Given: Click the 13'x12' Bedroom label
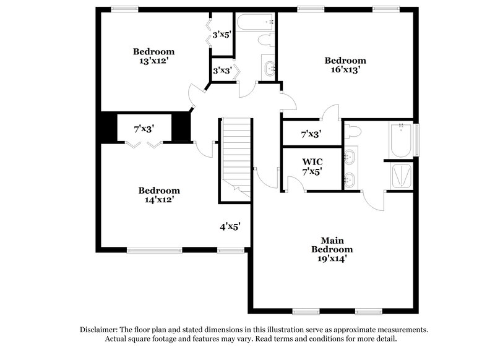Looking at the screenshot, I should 154,56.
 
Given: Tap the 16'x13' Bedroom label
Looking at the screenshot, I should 345,65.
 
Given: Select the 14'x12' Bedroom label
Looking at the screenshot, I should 159,195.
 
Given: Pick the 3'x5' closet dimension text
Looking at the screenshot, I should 222,35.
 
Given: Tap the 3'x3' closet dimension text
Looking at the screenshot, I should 222,71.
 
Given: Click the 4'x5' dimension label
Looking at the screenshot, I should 230,226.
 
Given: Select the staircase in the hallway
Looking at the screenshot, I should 236,155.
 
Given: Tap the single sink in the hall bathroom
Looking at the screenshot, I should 269,68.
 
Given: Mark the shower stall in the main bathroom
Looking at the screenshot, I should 401,177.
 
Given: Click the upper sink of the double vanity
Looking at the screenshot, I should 350,156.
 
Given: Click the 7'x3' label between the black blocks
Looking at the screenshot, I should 144,129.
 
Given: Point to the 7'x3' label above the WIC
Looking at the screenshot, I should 311,134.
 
